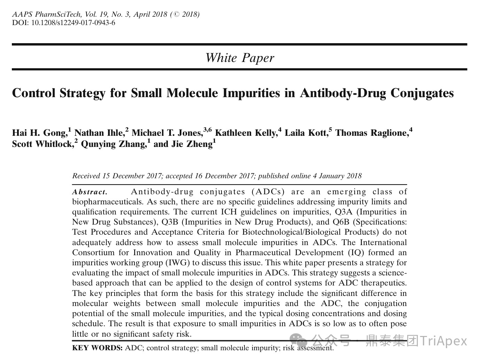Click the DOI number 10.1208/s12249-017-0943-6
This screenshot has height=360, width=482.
[73, 23]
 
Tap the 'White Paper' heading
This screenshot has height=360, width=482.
[240, 57]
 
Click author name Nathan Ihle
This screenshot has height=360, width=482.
[99, 133]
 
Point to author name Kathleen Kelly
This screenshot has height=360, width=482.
[246, 133]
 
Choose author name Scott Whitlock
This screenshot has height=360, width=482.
[42, 144]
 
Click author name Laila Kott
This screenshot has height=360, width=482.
[306, 133]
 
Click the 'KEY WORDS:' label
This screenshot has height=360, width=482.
[97, 348]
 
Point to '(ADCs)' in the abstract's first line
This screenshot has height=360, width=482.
[270, 192]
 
